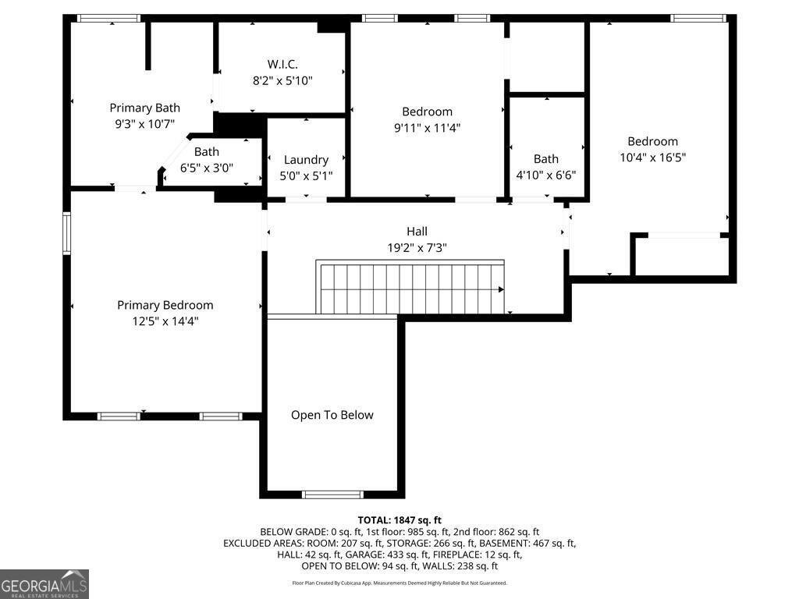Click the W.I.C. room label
(x=282, y=64)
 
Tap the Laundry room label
(x=306, y=160)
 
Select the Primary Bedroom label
(x=165, y=305)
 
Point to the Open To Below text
(x=332, y=415)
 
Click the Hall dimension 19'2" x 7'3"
(x=417, y=247)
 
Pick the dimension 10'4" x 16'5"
(x=653, y=158)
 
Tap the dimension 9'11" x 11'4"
(x=427, y=128)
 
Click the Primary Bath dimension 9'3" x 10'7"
(x=144, y=124)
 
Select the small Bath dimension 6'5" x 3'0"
(x=206, y=168)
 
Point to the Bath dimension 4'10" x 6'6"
(x=545, y=175)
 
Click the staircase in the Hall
(x=410, y=287)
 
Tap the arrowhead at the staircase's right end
(x=502, y=289)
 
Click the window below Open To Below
(x=332, y=494)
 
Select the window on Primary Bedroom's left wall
(x=66, y=233)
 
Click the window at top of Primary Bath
(x=108, y=19)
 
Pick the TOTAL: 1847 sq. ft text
(x=399, y=520)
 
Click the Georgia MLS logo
(x=44, y=584)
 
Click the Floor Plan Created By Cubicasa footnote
(x=399, y=583)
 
